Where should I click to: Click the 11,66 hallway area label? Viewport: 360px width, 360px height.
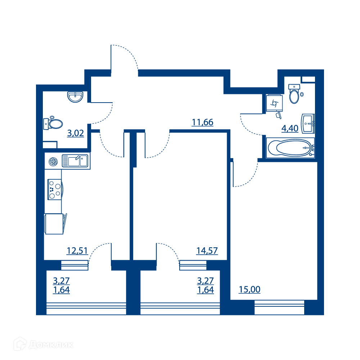[x=202, y=122]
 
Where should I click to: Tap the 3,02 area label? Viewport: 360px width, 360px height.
[x=76, y=133]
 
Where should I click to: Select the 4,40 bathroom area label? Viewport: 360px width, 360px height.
[x=290, y=129]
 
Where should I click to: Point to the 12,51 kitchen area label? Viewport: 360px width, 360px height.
[x=77, y=251]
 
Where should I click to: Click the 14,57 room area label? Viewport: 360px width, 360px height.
[x=207, y=251]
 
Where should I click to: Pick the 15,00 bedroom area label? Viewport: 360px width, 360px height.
[x=249, y=289]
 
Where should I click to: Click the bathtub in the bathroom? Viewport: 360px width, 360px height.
[x=290, y=148]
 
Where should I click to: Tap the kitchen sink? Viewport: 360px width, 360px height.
[x=75, y=161]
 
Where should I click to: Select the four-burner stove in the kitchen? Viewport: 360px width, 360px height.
[x=55, y=189]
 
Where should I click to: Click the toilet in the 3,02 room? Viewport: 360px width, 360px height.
[x=53, y=123]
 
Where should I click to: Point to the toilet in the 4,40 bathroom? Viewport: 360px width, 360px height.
[x=294, y=94]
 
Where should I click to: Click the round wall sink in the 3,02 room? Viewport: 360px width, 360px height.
[x=75, y=97]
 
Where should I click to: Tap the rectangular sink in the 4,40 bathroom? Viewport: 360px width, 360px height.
[x=308, y=123]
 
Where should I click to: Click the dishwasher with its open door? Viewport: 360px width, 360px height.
[x=55, y=224]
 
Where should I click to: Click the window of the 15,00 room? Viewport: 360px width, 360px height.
[x=279, y=307]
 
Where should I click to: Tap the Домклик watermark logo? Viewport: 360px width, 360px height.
[x=44, y=344]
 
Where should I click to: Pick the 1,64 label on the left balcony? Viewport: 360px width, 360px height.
[x=61, y=290]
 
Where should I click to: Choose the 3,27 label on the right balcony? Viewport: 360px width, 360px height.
[x=206, y=280]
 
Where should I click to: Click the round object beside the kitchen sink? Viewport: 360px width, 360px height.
[x=53, y=161]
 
